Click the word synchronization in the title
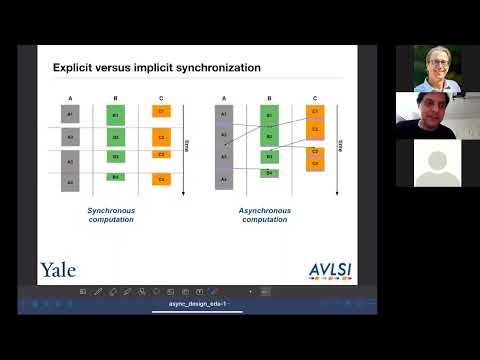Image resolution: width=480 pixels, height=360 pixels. (x=218, y=68)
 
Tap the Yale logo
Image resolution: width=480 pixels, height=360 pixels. (x=58, y=269)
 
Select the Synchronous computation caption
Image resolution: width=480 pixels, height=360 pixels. (x=110, y=215)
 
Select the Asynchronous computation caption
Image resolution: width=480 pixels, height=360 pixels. (x=265, y=215)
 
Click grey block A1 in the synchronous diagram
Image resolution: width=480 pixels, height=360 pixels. (x=70, y=115)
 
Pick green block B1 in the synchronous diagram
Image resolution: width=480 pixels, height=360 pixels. (x=116, y=115)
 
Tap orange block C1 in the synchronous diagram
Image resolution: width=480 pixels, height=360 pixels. (x=162, y=110)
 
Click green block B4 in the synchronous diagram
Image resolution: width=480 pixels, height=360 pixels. (x=116, y=177)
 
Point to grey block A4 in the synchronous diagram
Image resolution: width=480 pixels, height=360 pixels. (x=70, y=183)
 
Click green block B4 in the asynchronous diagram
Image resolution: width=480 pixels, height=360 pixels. (x=268, y=173)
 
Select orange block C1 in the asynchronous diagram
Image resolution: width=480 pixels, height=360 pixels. (x=314, y=112)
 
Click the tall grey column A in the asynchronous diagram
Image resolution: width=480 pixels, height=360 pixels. (x=223, y=147)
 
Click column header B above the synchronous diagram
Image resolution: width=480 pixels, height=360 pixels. (x=116, y=98)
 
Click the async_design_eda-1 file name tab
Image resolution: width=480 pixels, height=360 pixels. (x=197, y=303)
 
